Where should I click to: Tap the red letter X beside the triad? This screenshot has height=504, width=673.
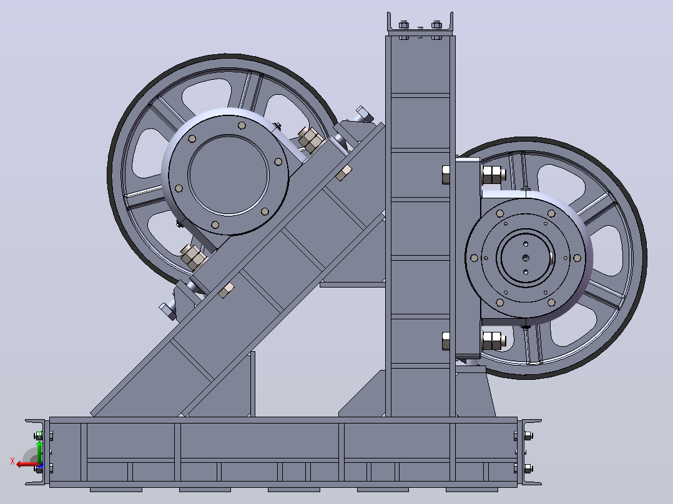tap(12, 462)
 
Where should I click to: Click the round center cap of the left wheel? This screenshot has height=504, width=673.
tap(228, 175)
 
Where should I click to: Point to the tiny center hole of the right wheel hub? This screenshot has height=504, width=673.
tap(526, 258)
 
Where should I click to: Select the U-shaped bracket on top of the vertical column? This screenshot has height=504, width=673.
tap(420, 24)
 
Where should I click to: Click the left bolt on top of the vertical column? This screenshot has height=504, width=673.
tap(403, 25)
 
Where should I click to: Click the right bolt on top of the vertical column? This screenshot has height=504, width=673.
tap(436, 25)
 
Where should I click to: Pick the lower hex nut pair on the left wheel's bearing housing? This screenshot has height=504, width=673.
tap(194, 256)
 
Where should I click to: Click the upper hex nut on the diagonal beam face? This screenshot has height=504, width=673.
tap(344, 173)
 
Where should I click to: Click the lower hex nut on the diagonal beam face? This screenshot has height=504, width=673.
tap(226, 291)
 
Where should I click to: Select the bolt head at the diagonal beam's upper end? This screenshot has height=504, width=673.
tap(365, 114)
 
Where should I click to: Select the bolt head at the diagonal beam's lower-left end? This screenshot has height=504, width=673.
tap(168, 311)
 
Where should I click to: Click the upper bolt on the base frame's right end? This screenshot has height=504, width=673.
tap(528, 436)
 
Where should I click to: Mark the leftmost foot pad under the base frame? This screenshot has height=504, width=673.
tap(116, 490)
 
